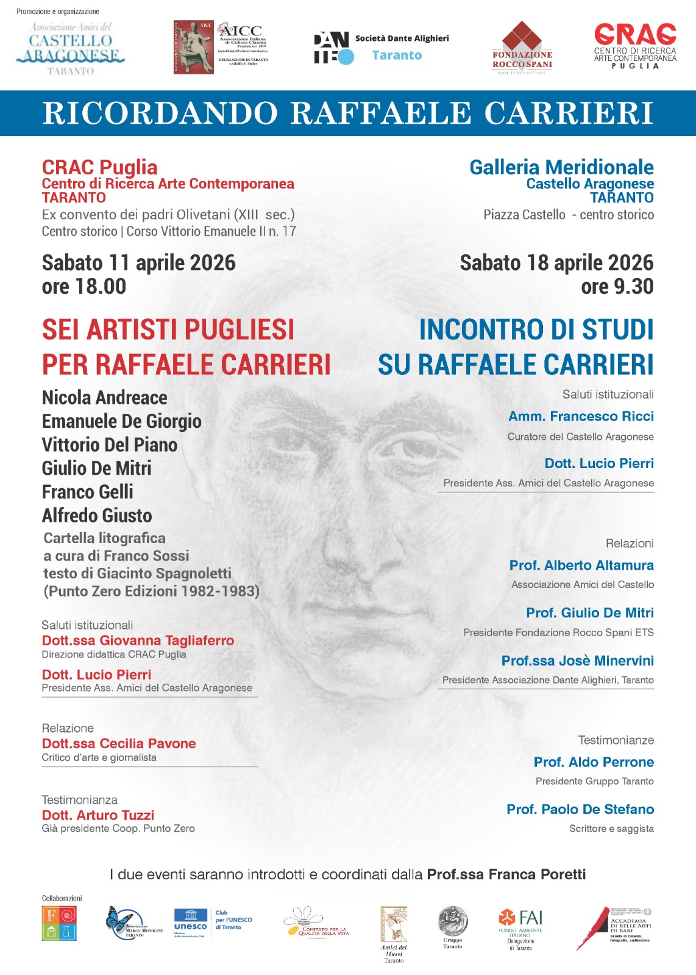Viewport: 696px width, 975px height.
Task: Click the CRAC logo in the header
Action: (x=635, y=46)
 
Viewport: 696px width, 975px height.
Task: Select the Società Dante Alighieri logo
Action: (x=381, y=48)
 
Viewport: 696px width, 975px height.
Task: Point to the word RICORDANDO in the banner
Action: (x=160, y=113)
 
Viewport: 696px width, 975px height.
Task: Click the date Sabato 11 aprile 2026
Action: (x=138, y=263)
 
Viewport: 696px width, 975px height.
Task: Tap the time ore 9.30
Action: (x=617, y=286)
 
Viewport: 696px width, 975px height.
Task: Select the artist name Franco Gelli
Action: (x=87, y=492)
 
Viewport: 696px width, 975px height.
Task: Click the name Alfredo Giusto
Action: (x=97, y=516)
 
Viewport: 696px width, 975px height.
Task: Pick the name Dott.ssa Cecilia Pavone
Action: (x=119, y=743)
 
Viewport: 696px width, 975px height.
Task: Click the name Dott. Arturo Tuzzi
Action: (x=98, y=815)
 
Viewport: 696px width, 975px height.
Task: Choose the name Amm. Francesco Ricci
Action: (x=581, y=416)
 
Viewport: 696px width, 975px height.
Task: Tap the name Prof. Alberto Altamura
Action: (x=581, y=565)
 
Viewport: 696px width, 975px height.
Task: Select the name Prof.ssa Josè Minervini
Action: (x=577, y=661)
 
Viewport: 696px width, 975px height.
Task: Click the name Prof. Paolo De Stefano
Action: (x=580, y=809)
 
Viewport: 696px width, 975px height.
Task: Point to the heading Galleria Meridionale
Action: (x=561, y=167)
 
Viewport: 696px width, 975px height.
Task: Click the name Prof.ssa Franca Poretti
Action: (x=506, y=874)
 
